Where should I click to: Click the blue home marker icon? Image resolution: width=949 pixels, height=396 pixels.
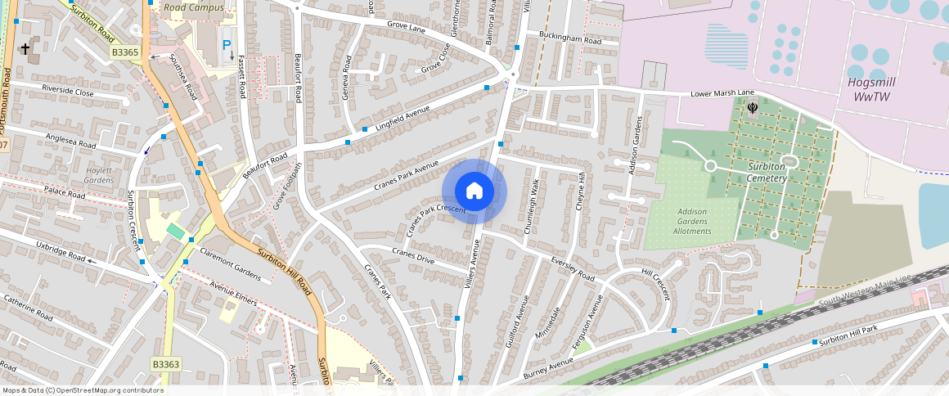[475, 191]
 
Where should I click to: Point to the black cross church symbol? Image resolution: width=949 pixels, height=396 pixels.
[25, 49]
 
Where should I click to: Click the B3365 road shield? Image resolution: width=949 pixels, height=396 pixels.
[126, 52]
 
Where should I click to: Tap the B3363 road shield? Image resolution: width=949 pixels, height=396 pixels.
[166, 363]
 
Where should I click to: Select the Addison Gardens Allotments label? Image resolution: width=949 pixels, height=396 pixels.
[692, 221]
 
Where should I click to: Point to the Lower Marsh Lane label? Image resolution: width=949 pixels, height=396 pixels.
[721, 93]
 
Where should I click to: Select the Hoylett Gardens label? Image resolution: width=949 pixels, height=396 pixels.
[99, 174]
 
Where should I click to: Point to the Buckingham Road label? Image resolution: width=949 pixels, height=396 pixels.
[570, 38]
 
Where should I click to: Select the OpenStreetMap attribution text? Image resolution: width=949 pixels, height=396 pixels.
[82, 390]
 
